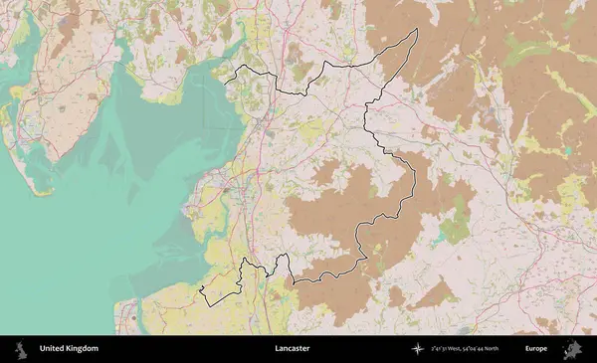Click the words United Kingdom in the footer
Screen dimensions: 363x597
(69, 349)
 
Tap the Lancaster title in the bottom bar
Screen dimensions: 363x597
(293, 349)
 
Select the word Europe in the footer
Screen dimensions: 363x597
(536, 349)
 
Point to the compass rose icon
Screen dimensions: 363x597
(419, 349)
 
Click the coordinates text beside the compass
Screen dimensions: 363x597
(466, 349)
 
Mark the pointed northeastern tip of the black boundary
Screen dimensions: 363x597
(416, 29)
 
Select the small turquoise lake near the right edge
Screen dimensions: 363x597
(567, 150)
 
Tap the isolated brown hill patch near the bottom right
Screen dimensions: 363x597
(435, 293)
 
